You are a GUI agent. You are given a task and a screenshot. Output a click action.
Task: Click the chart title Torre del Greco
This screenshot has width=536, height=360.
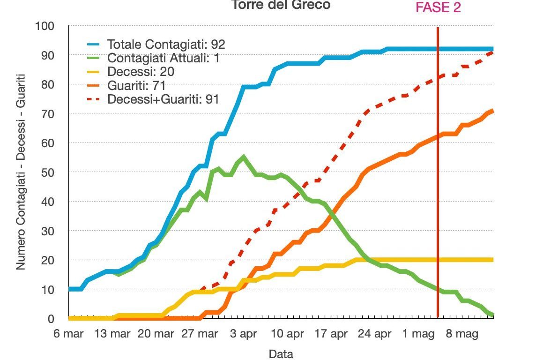pos(280,5)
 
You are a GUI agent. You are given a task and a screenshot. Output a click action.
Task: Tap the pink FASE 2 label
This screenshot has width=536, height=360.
pos(438,7)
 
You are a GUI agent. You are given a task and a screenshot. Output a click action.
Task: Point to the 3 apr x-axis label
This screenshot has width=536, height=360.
pos(244,334)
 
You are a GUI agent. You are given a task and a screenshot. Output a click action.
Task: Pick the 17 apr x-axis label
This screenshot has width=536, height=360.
pos(332,334)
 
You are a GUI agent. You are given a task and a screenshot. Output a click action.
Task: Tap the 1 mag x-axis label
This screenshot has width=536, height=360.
pos(419,334)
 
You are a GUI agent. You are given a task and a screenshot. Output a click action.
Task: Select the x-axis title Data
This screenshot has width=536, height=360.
pos(281,354)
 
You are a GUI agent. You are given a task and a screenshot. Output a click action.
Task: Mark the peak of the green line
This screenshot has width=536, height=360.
pos(244,157)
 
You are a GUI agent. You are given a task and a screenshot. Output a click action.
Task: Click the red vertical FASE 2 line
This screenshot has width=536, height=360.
pos(438,187)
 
